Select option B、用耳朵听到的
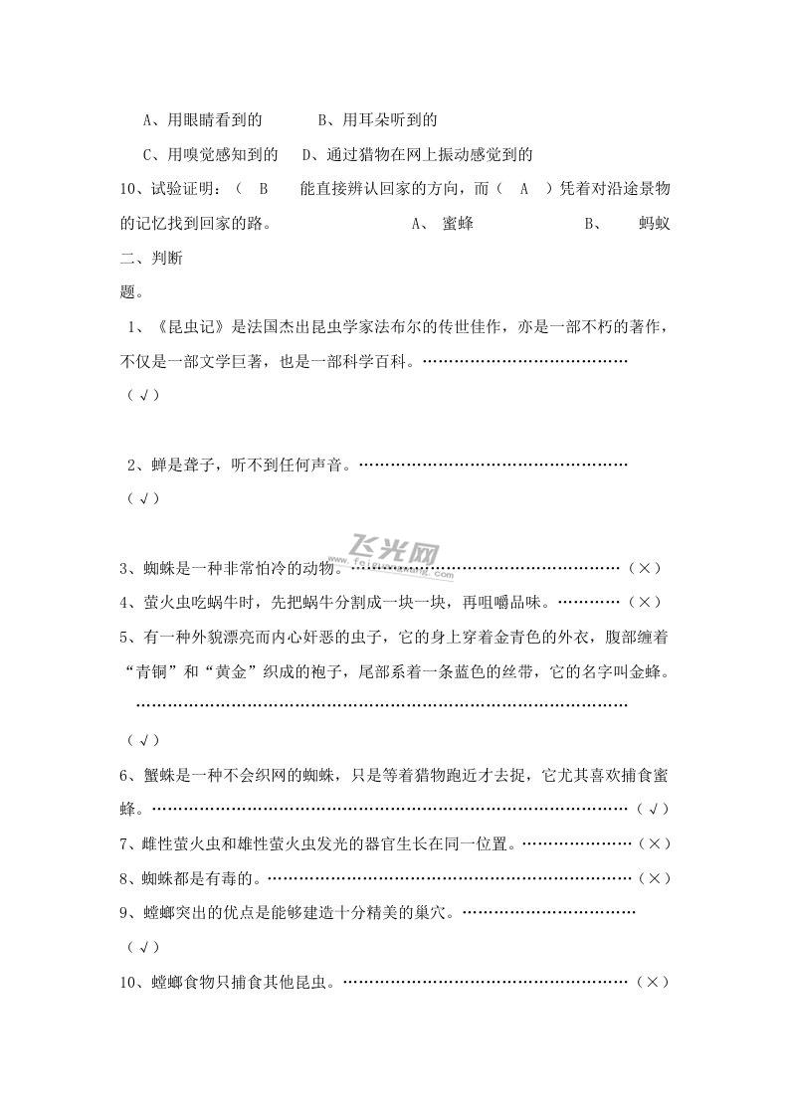point(377,120)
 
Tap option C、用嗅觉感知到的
point(210,154)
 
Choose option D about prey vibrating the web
point(418,154)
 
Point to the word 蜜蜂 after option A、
point(458,223)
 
